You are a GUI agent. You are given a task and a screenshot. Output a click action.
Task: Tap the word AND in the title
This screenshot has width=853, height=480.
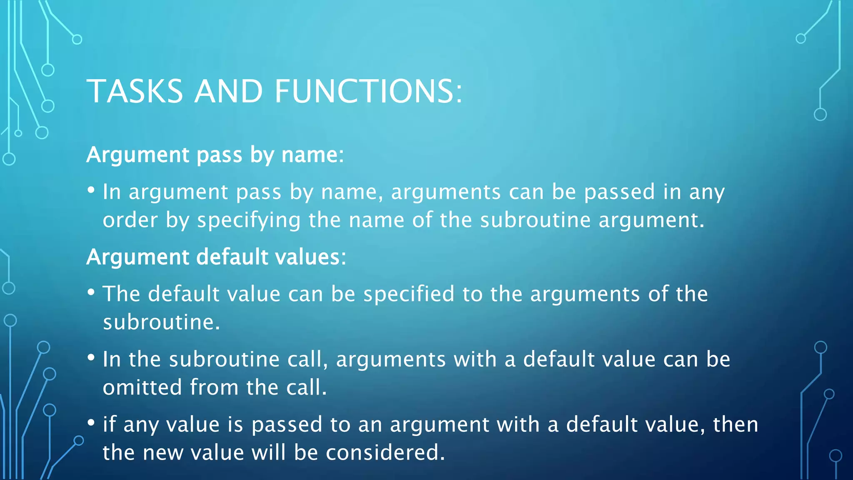229,91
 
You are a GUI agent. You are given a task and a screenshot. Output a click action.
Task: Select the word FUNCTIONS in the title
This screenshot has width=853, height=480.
368,91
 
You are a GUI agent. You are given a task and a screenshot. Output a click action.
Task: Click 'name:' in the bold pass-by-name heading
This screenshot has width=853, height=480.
313,155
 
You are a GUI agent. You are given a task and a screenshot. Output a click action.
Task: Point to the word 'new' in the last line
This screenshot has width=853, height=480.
162,453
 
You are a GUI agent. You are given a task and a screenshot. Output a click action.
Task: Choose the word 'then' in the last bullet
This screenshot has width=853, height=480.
736,425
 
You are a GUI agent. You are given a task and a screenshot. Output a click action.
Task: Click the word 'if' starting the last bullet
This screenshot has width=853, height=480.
109,424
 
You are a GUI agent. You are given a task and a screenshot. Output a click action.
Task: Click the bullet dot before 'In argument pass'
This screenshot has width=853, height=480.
91,190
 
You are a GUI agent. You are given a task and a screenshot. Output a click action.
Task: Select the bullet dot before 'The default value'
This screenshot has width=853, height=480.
91,292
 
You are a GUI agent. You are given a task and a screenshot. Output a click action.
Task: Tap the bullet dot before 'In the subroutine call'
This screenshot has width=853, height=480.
91,357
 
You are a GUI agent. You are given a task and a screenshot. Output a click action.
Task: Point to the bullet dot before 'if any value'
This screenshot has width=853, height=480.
91,423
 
